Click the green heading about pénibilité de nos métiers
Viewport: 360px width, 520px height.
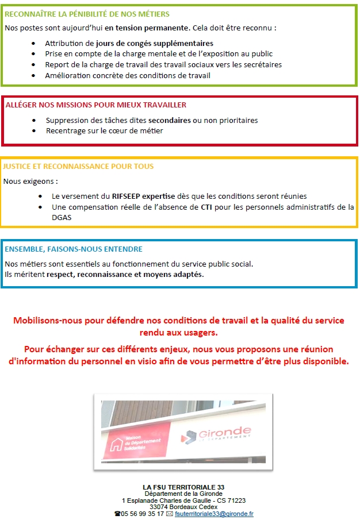click(87, 14)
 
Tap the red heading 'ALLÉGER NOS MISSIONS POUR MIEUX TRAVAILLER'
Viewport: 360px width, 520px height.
click(95, 105)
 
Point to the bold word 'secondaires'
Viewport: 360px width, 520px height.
click(169, 121)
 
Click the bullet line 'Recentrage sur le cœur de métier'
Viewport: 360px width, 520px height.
click(105, 131)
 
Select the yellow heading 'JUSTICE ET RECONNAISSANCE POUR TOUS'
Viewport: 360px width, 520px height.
click(78, 167)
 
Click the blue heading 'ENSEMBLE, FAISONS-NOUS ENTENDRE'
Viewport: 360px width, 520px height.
click(74, 249)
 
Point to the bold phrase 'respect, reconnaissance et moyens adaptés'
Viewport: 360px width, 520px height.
click(125, 275)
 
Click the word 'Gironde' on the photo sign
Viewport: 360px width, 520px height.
click(225, 431)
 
